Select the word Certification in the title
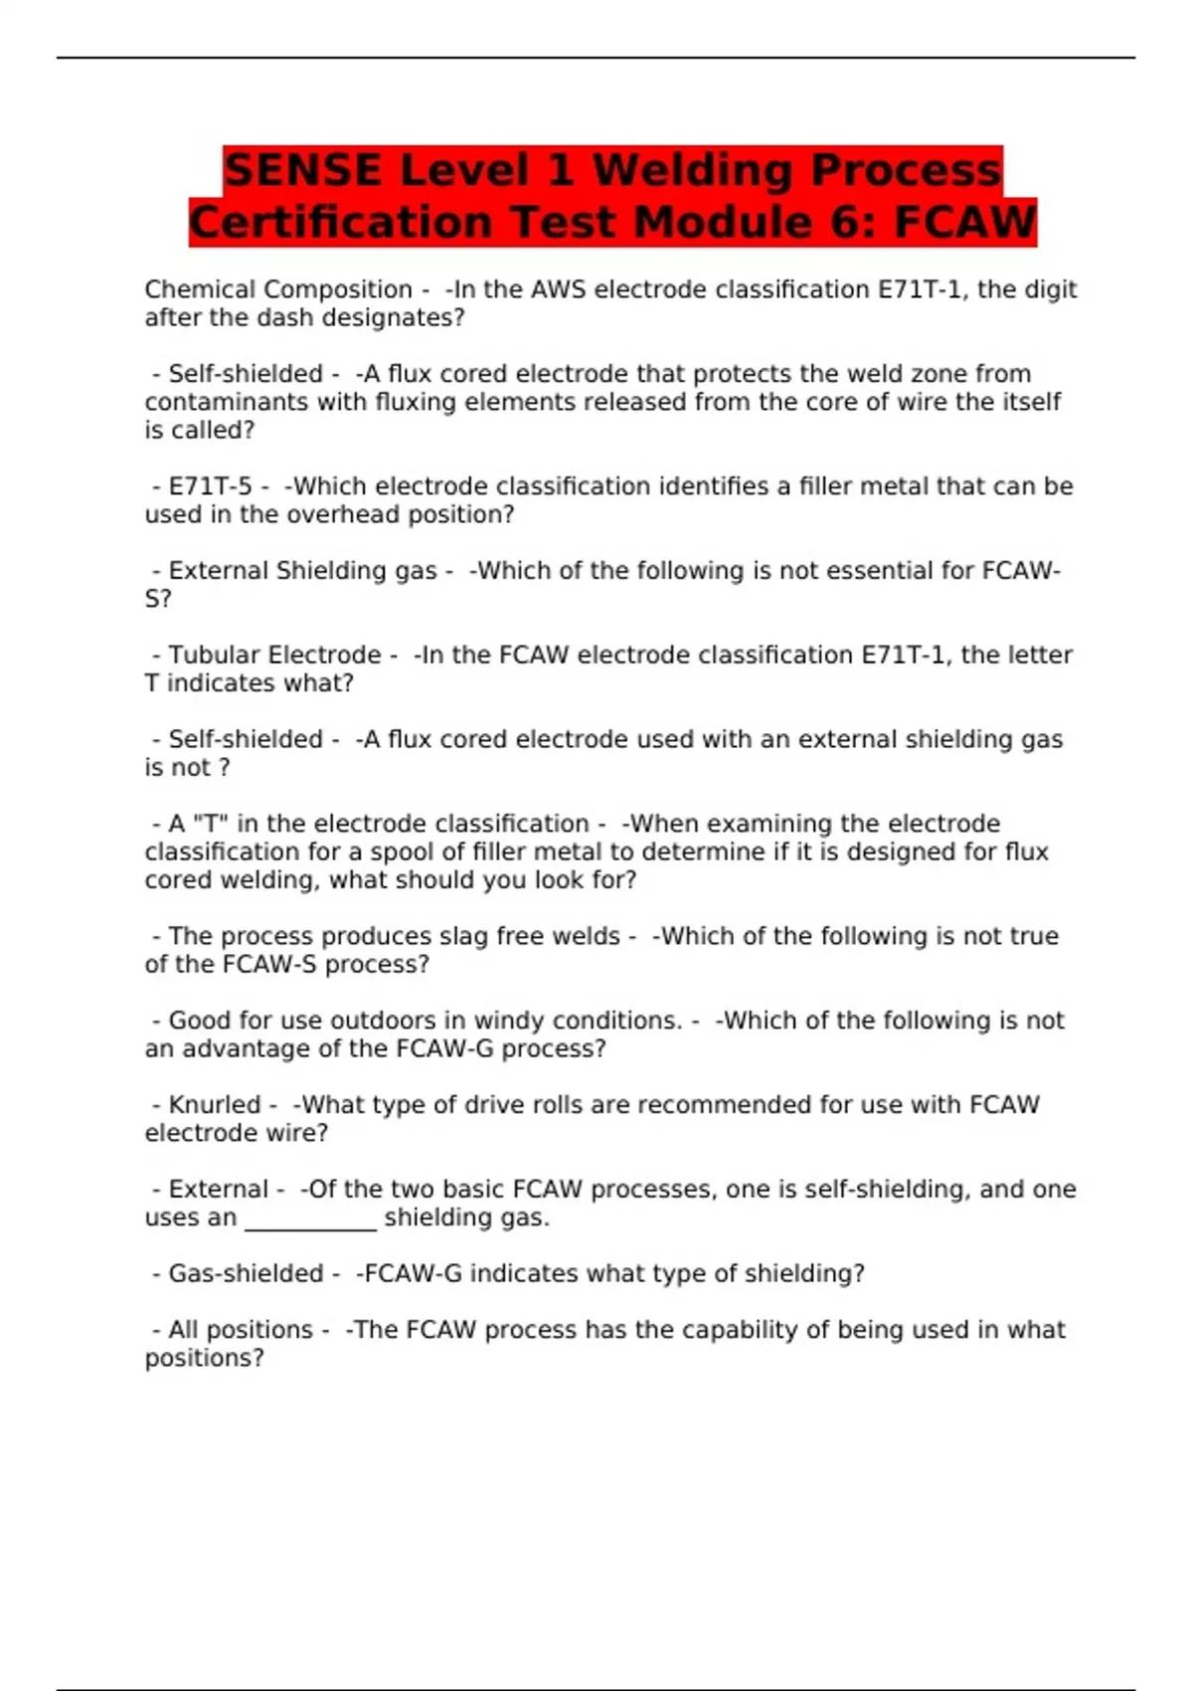[340, 222]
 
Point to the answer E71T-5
[210, 486]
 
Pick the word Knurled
[214, 1105]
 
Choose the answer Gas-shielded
[246, 1273]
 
